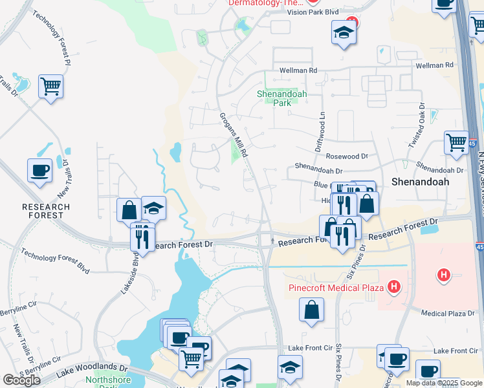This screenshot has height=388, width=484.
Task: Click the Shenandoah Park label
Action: (x=281, y=98)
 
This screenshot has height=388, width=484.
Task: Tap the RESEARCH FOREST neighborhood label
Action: (x=45, y=211)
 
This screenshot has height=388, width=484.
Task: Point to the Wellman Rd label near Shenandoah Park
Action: (x=298, y=70)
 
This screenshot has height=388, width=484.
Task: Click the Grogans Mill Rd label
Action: (x=234, y=135)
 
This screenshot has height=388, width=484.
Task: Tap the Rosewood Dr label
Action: (x=346, y=156)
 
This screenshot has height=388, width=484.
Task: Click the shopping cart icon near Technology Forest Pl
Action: (x=50, y=85)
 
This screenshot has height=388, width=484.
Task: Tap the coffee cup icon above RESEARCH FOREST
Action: (x=40, y=170)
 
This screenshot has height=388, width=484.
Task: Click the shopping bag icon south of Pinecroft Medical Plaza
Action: (x=311, y=309)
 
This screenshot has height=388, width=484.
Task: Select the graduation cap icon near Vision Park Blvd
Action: (x=344, y=32)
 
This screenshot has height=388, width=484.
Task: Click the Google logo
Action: (x=21, y=380)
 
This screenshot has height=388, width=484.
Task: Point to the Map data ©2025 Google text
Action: (x=444, y=383)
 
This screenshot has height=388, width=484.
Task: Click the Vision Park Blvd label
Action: (x=312, y=12)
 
